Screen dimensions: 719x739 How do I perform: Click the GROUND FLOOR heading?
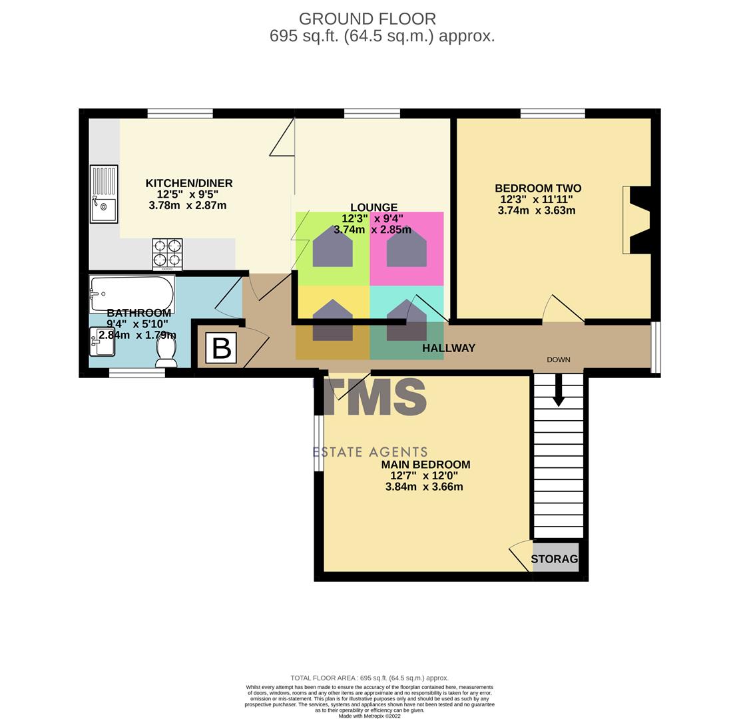click(x=367, y=19)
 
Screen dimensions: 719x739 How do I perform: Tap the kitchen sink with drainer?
click(x=104, y=194)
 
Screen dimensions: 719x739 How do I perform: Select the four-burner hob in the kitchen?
click(x=167, y=254)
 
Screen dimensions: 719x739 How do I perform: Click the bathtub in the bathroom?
click(x=132, y=294)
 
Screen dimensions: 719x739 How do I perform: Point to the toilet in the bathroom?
click(x=166, y=351)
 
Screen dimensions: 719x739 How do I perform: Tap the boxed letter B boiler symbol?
click(x=221, y=348)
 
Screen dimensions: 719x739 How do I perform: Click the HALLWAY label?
click(x=448, y=348)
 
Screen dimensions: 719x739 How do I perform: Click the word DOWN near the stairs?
click(x=559, y=359)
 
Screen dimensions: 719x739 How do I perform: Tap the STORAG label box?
click(x=555, y=559)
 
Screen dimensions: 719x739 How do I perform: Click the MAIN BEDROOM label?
click(x=425, y=465)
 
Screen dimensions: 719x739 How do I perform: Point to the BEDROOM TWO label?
click(x=538, y=188)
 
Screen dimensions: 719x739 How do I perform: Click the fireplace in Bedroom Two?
click(x=636, y=220)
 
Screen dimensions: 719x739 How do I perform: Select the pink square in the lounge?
click(x=406, y=248)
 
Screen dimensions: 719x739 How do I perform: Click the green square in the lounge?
click(x=332, y=248)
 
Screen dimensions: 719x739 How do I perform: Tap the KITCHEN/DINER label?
click(x=189, y=183)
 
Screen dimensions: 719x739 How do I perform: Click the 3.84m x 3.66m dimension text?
click(x=424, y=487)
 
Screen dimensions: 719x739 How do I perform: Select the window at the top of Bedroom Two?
click(x=553, y=113)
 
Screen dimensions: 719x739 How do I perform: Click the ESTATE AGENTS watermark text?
click(x=370, y=453)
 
